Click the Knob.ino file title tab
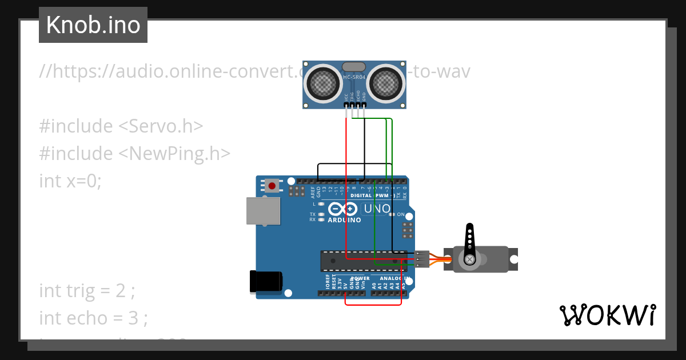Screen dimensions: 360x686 pos(93,25)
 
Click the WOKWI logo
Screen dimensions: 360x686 pos(607,315)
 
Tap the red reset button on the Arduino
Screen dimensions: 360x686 pos(272,186)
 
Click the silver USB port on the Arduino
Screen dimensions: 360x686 pos(263,211)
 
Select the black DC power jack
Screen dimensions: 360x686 pos(266,282)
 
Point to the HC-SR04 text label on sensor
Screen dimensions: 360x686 pos(354,77)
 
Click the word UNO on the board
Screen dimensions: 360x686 pos(377,209)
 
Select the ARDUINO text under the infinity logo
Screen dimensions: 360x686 pos(344,220)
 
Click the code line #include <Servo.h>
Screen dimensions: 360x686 pos(121,126)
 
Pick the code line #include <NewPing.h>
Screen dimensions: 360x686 pos(135,154)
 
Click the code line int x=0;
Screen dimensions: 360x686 pos(70,181)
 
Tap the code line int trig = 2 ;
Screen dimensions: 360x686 pos(87,291)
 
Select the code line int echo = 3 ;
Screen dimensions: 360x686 pos(93,318)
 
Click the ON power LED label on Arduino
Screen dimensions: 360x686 pos(401,214)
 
